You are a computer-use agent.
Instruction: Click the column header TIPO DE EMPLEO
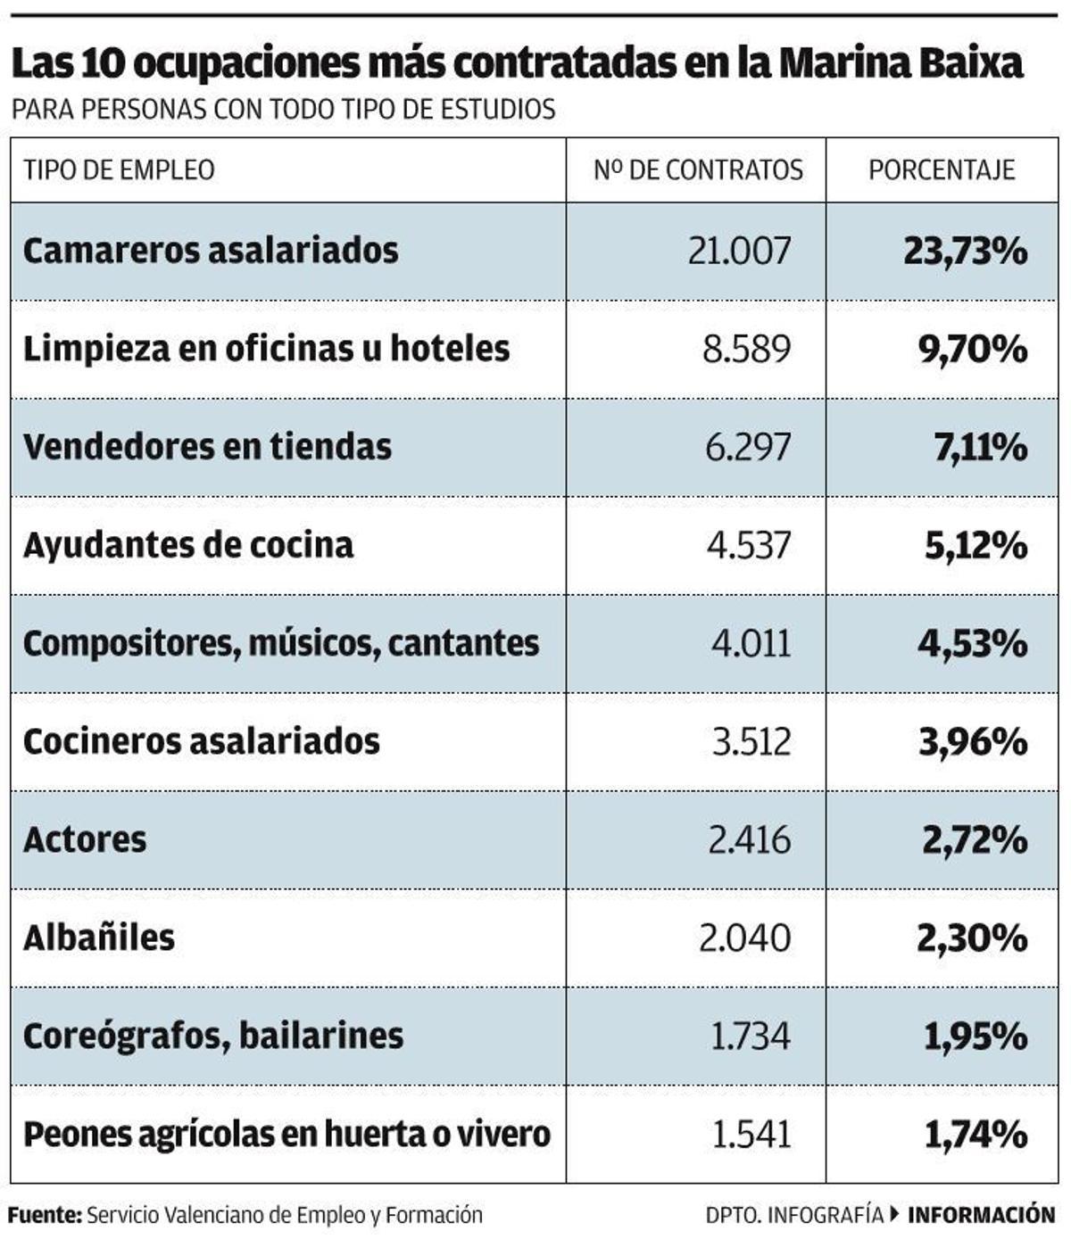tap(119, 169)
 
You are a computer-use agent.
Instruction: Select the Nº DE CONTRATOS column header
tap(698, 169)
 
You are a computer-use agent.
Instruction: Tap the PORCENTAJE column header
tap(942, 169)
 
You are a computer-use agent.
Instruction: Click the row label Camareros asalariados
tap(211, 251)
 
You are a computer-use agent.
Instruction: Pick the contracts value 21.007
tap(739, 252)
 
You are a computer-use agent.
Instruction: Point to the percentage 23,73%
tap(965, 252)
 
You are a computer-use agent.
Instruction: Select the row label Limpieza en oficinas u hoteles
tap(266, 349)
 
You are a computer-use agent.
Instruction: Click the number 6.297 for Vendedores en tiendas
tap(748, 447)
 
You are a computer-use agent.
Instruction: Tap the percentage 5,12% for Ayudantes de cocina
tap(976, 545)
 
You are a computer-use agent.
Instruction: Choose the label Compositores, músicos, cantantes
tap(281, 643)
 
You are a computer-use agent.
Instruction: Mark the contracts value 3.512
tap(751, 741)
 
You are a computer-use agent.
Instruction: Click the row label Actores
tap(85, 839)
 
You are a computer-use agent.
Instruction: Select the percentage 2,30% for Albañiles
tap(972, 938)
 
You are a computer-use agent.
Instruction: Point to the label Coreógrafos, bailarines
tap(213, 1036)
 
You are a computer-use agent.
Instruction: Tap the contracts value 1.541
tap(751, 1134)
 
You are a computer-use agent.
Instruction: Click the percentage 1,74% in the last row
tap(976, 1134)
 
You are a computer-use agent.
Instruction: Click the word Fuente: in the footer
tap(46, 1215)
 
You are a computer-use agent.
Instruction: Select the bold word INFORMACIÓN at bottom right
tap(981, 1215)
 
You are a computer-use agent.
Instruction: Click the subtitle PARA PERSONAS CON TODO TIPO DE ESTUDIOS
tap(284, 110)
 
